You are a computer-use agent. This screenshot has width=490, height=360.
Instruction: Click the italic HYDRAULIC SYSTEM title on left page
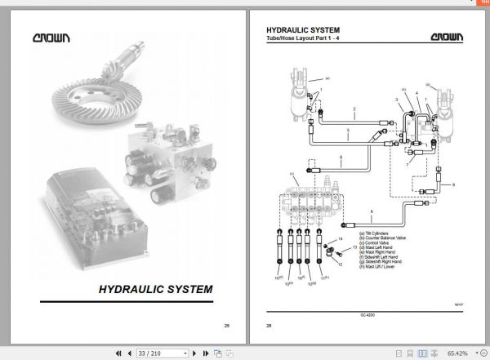pyautogui.click(x=156, y=289)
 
